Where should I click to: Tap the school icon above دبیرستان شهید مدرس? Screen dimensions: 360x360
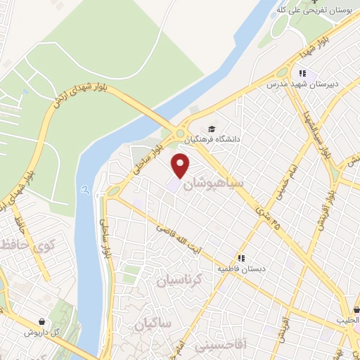[x=302, y=73]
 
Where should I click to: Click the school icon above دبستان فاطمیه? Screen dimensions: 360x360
[x=242, y=258]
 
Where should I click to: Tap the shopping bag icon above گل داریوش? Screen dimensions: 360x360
[x=44, y=321]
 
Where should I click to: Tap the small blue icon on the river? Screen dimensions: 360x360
[x=85, y=189]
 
